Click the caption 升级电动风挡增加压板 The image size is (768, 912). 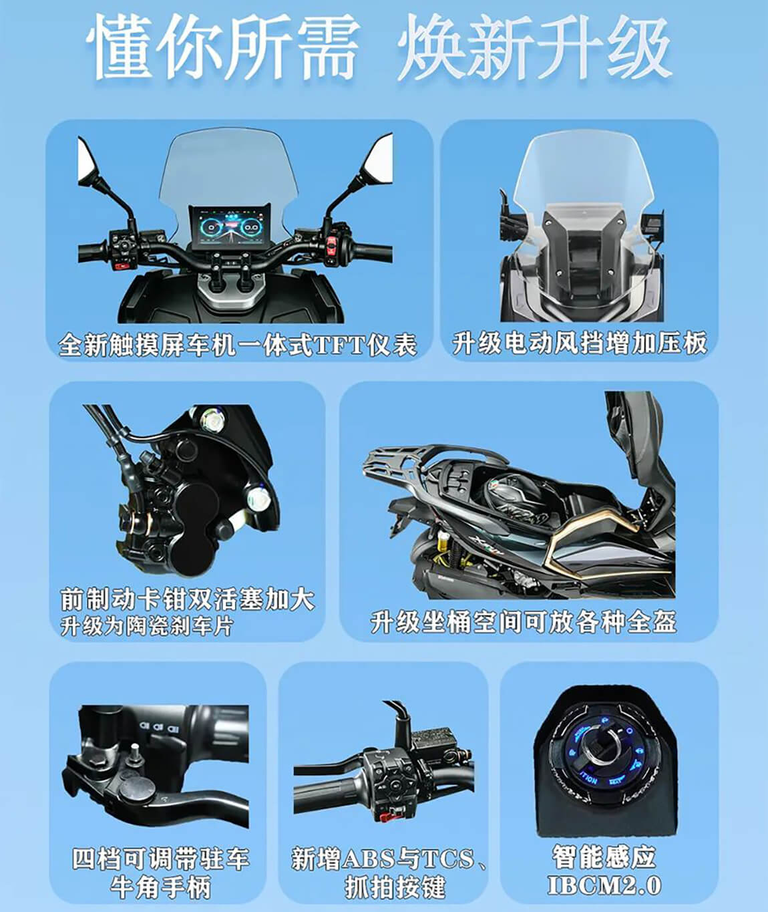pos(579,343)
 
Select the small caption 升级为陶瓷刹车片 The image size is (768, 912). pos(146,626)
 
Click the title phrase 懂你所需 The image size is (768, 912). pos(222,48)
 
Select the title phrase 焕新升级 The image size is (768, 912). pos(534,48)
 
